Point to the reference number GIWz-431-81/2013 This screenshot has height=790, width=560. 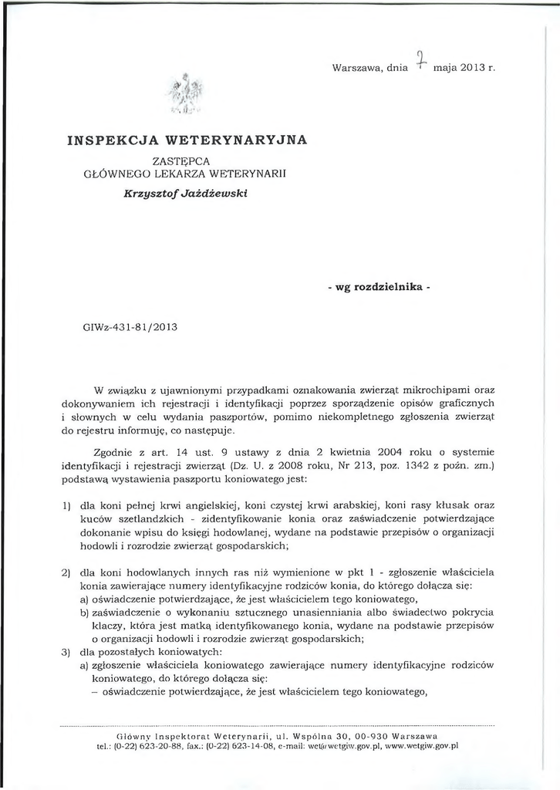pyautogui.click(x=130, y=326)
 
